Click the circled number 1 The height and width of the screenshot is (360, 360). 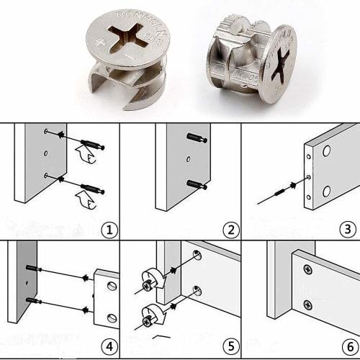coord(109,230)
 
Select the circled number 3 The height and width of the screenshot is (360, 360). coord(348,230)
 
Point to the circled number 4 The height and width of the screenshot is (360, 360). coord(109,347)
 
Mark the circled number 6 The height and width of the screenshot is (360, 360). coord(348,347)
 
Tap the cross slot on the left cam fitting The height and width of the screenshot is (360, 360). coord(127,37)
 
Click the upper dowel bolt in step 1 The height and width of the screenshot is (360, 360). coord(92,145)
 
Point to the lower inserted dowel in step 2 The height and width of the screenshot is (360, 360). coord(196,185)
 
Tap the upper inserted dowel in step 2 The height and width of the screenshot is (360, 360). coord(196,138)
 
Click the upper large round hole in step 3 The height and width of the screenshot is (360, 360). coord(326,152)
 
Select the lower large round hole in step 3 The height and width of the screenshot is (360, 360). coord(326,191)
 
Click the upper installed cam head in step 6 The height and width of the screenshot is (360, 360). coord(308,269)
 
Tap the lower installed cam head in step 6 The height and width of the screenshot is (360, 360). coord(308,305)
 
